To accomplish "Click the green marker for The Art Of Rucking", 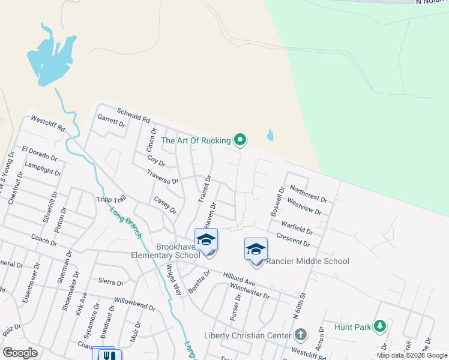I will (x=240, y=140).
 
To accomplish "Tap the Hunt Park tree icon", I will (x=379, y=326).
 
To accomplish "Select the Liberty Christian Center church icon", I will (x=301, y=334).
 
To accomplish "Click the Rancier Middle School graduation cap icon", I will (x=256, y=248).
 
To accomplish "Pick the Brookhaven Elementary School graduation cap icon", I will (x=206, y=239).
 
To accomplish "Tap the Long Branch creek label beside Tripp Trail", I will (x=125, y=221).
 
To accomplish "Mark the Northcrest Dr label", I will (x=309, y=193).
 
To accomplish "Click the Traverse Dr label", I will (x=162, y=176).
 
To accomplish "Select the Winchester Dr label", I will (x=250, y=291).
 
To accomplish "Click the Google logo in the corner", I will (x=20, y=352).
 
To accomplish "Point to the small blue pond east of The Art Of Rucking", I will (x=270, y=135).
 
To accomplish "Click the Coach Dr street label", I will (x=44, y=239).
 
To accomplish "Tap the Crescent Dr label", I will (x=293, y=240).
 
